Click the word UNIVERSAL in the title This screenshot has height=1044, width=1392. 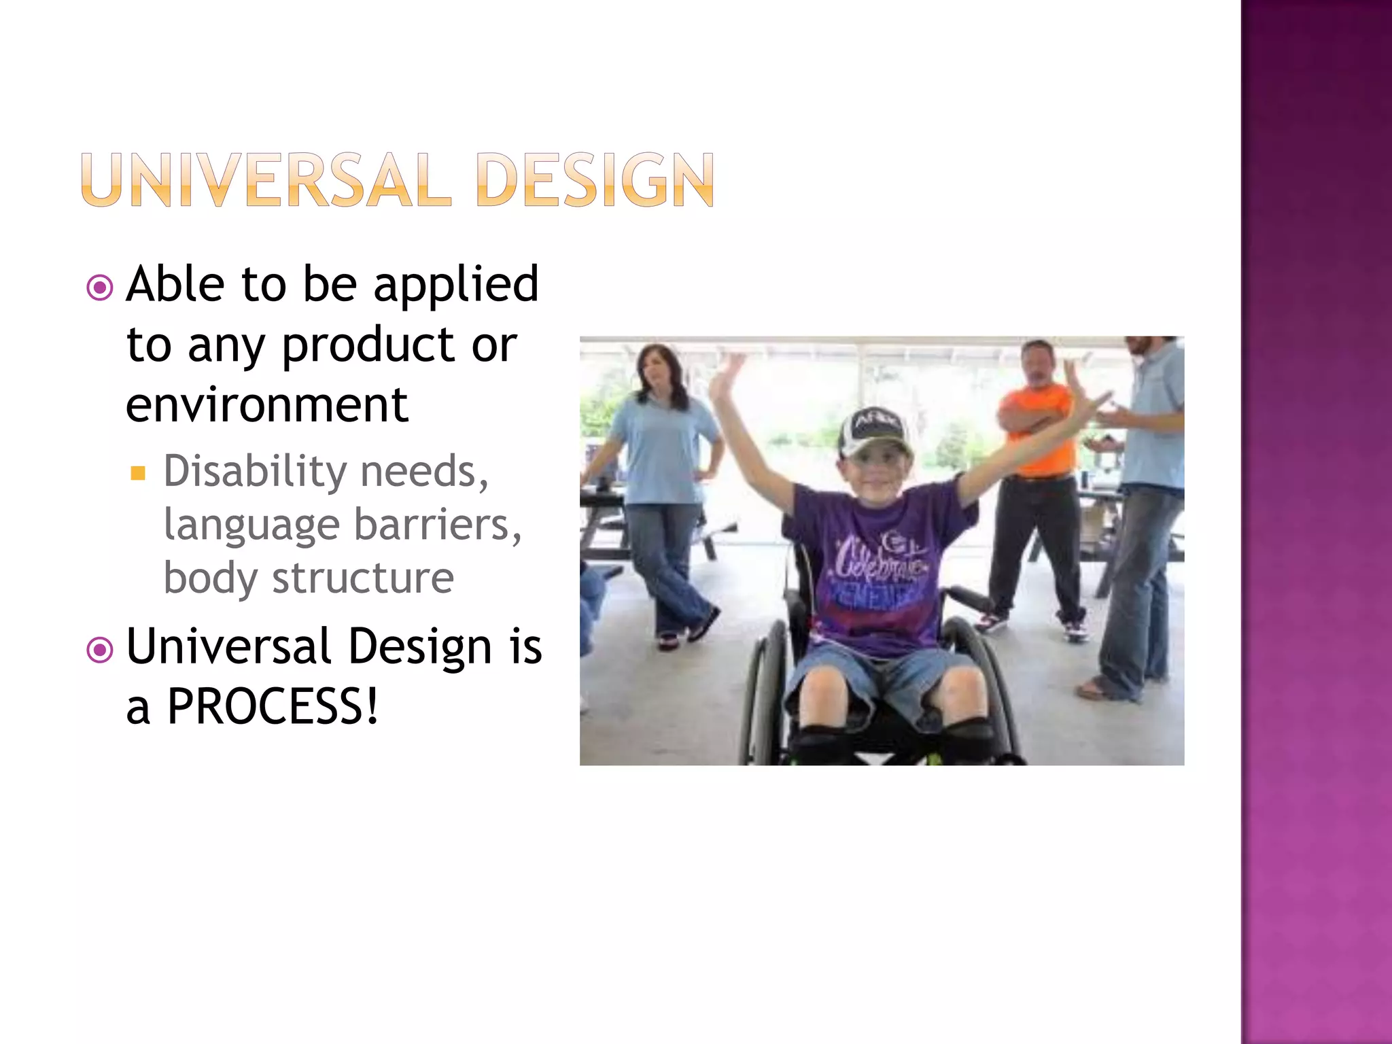click(266, 180)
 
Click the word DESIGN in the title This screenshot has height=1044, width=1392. click(595, 180)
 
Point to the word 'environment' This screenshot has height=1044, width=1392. click(267, 405)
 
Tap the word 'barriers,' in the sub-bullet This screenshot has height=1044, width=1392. click(438, 525)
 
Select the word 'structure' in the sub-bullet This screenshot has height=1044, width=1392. click(363, 578)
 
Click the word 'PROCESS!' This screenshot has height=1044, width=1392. click(273, 707)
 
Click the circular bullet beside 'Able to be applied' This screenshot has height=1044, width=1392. click(100, 288)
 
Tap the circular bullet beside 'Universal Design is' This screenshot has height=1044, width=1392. click(100, 650)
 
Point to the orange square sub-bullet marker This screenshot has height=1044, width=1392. click(138, 473)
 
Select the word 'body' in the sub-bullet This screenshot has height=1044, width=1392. click(211, 578)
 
